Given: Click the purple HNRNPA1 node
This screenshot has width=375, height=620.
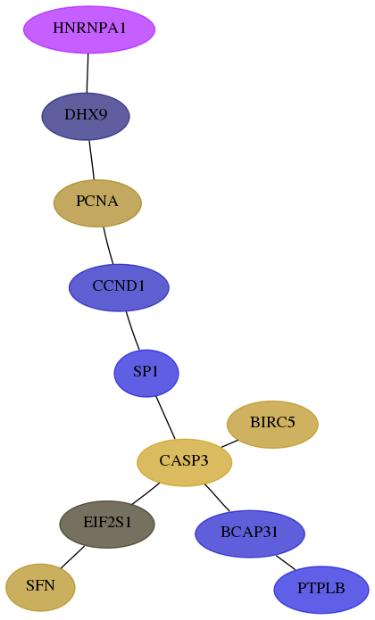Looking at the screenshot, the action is coord(89,29).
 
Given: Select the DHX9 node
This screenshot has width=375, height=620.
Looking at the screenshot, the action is coord(86,116).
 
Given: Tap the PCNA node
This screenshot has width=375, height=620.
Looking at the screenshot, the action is coord(97,203).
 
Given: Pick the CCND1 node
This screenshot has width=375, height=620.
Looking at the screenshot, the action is coord(119,287).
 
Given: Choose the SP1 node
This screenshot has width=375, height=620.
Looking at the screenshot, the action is coord(146,373).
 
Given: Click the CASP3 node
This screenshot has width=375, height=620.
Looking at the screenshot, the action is coord(184,462).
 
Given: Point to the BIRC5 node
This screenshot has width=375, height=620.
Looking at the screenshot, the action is coord(272,425).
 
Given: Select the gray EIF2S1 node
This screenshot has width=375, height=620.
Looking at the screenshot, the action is coord(107,525).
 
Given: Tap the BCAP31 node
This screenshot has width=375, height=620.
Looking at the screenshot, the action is coord(250,533).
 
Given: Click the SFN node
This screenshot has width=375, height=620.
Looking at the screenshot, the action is coord(40,588).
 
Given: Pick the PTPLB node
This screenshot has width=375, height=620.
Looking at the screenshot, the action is coord(321,590).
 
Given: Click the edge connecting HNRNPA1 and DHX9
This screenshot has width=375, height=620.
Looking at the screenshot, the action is coord(87,73).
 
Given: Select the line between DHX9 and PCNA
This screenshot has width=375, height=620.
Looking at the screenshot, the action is coord(92,160).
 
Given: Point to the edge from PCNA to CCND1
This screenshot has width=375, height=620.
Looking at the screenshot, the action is coord(108,245).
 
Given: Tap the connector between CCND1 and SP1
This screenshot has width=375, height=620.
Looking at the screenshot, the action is coord(132,331).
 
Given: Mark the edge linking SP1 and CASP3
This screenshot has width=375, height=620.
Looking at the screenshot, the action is coord(165,417).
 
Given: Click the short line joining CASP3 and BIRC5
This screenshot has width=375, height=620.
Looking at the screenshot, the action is coord(229,443).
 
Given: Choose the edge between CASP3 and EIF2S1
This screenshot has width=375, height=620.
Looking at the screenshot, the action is coord(146,493).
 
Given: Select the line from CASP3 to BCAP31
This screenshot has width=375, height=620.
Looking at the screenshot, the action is coord(217,498).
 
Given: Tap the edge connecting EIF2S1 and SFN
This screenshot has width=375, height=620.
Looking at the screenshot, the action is coord(72,558).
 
